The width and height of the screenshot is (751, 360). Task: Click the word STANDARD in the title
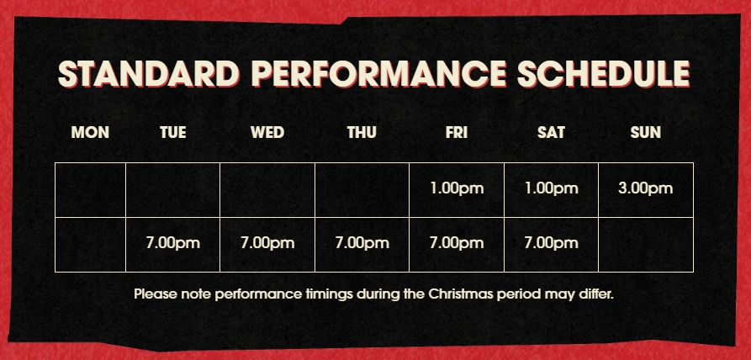[x=149, y=75]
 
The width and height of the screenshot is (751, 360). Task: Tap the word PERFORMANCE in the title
[x=378, y=75]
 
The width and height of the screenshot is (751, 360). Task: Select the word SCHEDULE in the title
[x=604, y=75]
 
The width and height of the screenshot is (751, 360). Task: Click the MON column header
[x=90, y=132]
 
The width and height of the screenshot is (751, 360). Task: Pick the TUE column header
[x=173, y=132]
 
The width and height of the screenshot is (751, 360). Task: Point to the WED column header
[x=267, y=132]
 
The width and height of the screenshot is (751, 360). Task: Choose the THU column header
[x=362, y=132]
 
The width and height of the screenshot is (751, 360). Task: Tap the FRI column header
[x=457, y=132]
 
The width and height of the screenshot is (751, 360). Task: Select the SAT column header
[x=551, y=132]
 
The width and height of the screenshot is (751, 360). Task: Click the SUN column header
[x=646, y=132]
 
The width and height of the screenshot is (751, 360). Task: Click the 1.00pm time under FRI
[x=457, y=188]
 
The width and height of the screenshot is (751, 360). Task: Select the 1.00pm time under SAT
[x=552, y=188]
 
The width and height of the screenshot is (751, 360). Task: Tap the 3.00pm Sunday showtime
[x=646, y=188]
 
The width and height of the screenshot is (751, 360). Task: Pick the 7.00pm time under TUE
[x=173, y=243]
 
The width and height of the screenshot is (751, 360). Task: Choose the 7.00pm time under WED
[x=267, y=243]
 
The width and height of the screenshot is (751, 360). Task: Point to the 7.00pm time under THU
[x=362, y=243]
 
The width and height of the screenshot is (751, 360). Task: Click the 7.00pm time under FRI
[x=457, y=243]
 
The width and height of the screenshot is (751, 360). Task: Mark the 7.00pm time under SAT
[x=552, y=243]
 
